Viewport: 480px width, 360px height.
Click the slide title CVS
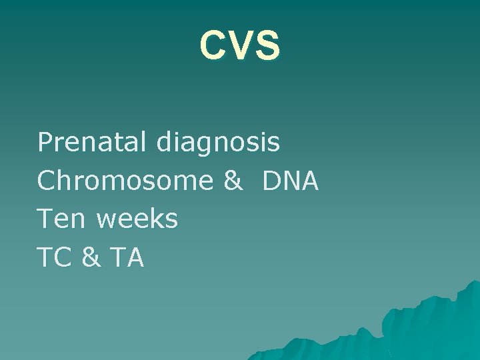240,45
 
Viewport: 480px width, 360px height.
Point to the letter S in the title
267,45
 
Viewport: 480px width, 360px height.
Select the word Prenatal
93,141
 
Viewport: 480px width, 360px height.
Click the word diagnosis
219,143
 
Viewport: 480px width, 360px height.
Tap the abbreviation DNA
291,180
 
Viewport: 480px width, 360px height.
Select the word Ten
62,219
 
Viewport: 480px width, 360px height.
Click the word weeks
137,219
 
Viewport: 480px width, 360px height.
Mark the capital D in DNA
272,180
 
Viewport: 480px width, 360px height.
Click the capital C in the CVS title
213,45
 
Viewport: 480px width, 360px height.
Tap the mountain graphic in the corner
413,327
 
